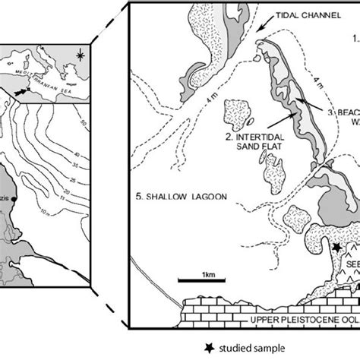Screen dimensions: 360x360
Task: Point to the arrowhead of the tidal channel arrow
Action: (x=257, y=33)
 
